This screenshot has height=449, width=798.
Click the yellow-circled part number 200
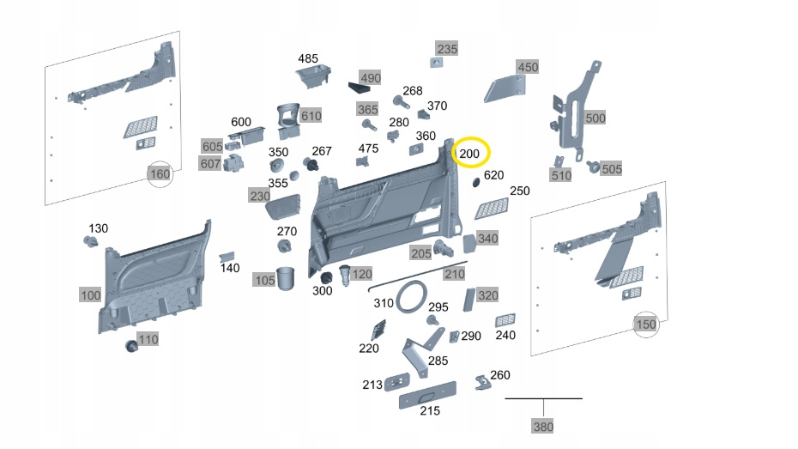point(470,154)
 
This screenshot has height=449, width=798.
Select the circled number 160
point(160,175)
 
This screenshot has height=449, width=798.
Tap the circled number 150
point(645,325)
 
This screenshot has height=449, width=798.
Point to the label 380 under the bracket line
point(542,426)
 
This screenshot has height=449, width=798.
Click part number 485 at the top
point(308,58)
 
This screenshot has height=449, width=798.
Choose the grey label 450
point(528,67)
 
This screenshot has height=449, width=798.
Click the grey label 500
point(595,118)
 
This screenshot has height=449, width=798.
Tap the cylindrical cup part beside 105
point(287,278)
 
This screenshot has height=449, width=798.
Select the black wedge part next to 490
point(356,87)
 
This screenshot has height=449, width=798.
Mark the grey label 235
point(447,48)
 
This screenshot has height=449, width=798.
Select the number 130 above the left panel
point(99,228)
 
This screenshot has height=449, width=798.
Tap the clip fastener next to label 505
point(593,166)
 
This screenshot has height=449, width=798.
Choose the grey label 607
point(210,163)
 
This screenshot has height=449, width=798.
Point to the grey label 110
point(148,340)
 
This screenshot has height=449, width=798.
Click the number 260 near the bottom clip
point(499,376)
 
